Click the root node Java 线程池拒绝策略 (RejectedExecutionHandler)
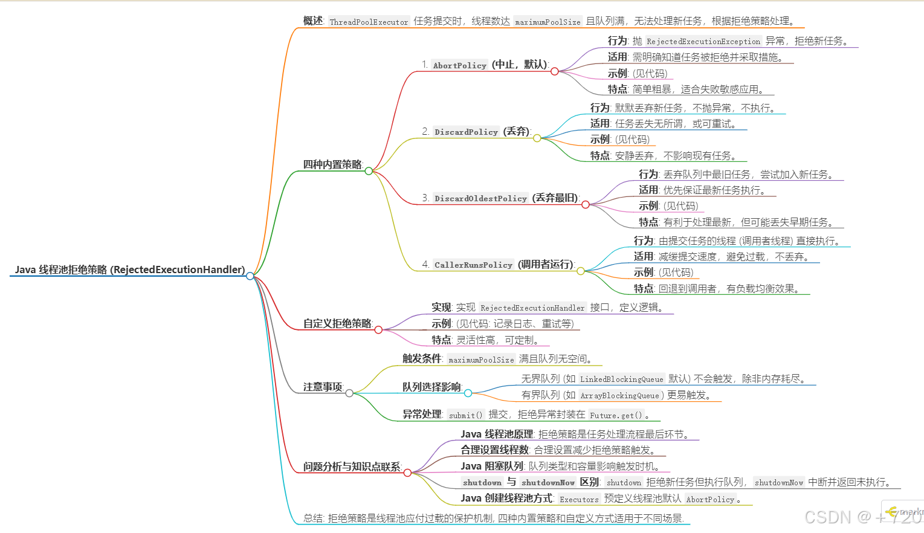(x=130, y=270)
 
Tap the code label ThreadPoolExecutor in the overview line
(x=369, y=22)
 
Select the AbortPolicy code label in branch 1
(x=459, y=65)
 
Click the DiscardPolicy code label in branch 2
(x=466, y=132)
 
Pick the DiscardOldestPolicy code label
(x=480, y=198)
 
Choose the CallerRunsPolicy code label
(x=473, y=265)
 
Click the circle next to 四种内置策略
(x=369, y=171)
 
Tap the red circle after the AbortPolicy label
(x=555, y=71)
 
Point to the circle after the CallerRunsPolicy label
(x=581, y=271)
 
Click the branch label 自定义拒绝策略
(x=337, y=323)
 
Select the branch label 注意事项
(x=323, y=387)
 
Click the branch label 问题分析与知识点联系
(x=352, y=467)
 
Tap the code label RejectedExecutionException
(x=703, y=41)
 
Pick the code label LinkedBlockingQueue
(x=621, y=380)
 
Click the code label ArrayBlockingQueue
(x=619, y=396)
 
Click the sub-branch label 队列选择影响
(x=431, y=387)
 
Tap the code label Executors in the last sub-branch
(x=579, y=499)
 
